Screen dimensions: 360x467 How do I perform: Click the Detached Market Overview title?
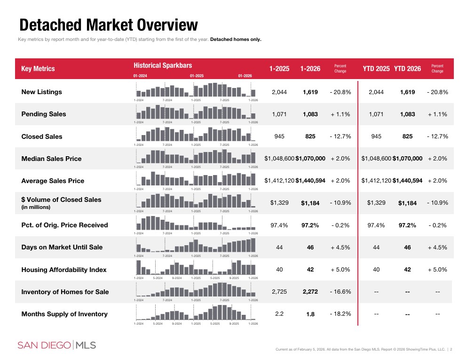(x=108, y=24)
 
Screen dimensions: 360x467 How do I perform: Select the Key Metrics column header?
(x=38, y=69)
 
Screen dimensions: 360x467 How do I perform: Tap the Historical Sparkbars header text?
(x=163, y=65)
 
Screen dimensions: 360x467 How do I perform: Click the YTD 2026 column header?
(x=407, y=69)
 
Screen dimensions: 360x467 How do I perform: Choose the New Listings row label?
(x=42, y=92)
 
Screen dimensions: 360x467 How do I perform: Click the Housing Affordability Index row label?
(x=64, y=270)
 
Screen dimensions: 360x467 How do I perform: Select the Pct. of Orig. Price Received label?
(x=64, y=225)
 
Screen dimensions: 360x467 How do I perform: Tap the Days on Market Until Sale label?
(x=62, y=247)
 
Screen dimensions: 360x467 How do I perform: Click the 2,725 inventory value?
(x=279, y=292)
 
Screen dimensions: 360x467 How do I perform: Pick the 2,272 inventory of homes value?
(x=310, y=292)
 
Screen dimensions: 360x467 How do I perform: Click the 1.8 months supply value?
(x=310, y=314)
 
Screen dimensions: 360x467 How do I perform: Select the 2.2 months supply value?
(x=279, y=314)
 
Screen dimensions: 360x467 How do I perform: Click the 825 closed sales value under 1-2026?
(x=310, y=136)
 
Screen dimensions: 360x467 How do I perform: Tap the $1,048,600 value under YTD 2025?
(x=376, y=159)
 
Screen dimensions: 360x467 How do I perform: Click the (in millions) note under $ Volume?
(x=36, y=207)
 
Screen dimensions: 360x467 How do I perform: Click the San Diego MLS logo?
(x=57, y=345)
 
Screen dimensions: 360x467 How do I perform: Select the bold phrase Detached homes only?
(x=236, y=39)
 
